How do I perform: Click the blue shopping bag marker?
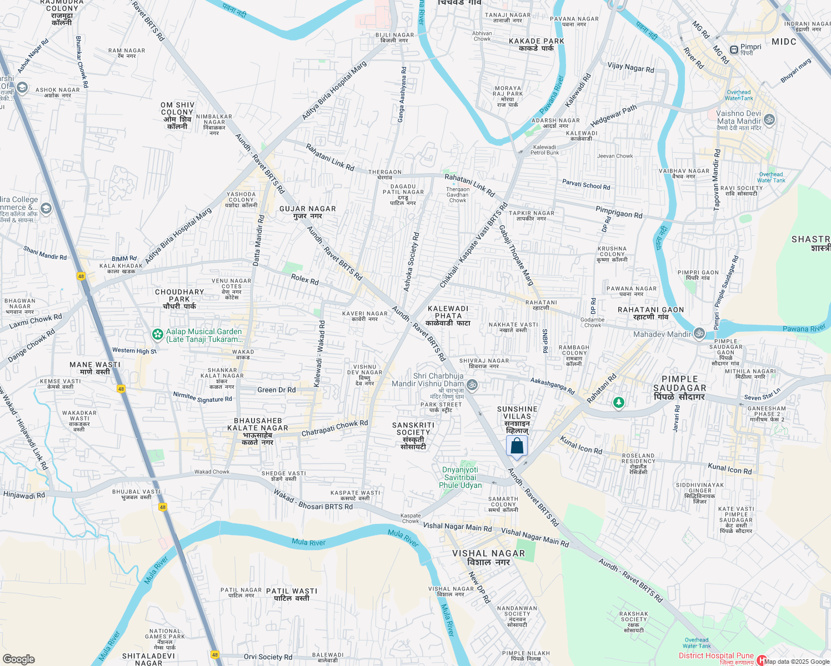[x=517, y=446]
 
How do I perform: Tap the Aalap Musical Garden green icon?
[x=158, y=335]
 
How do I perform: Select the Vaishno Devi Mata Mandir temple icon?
[x=769, y=119]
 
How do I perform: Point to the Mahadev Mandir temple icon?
[x=699, y=334]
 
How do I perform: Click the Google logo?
[x=19, y=659]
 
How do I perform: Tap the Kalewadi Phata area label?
[x=448, y=316]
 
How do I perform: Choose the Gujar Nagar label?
[x=308, y=212]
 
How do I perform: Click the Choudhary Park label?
[x=179, y=299]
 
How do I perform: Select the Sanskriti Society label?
[x=413, y=436]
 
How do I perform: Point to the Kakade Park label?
[x=537, y=44]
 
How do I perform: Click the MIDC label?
[x=784, y=42]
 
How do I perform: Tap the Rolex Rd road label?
[x=305, y=279]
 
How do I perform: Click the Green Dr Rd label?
[x=277, y=390]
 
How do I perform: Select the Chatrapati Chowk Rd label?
[x=334, y=428]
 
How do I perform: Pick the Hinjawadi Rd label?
[x=24, y=495]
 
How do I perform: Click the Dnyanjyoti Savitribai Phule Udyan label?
[x=460, y=477]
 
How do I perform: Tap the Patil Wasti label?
[x=292, y=594]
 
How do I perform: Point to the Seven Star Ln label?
[x=762, y=395]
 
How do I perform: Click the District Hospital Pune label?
[x=716, y=656]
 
